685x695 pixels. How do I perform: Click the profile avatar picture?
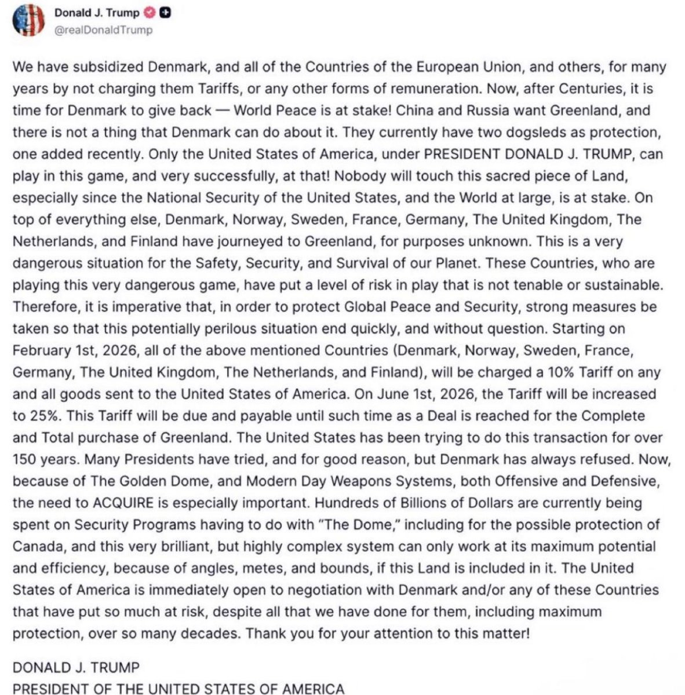(28, 20)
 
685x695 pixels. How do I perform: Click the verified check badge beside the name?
(150, 13)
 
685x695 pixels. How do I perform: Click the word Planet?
(454, 263)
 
